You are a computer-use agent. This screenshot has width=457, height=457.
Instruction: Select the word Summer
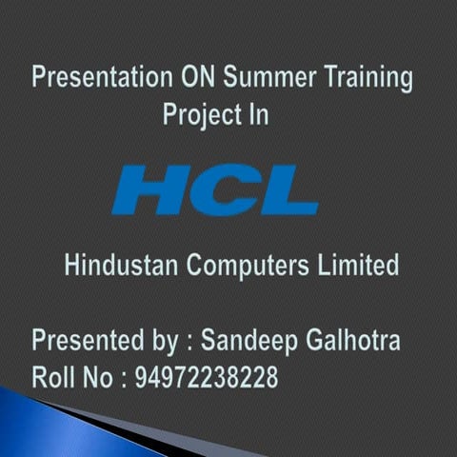click(x=272, y=76)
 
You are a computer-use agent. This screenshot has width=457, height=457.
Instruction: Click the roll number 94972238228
click(x=207, y=377)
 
